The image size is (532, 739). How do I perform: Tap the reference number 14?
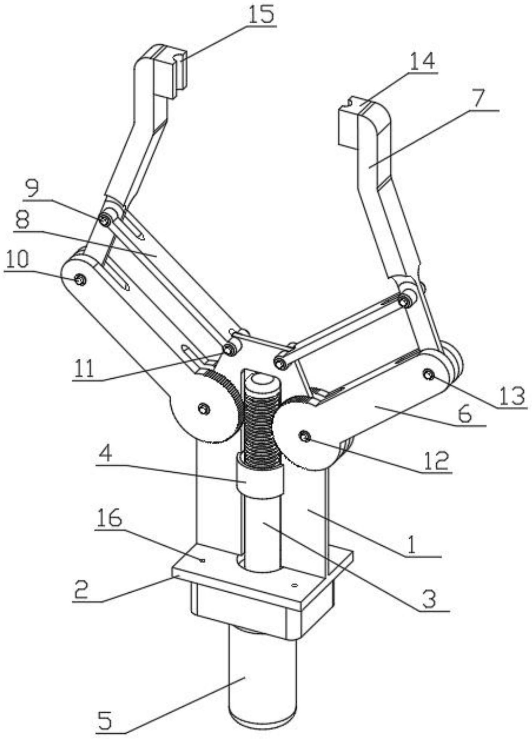pos(422,62)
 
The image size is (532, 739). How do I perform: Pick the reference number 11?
pos(84,369)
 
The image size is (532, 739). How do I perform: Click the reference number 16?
pos(110,519)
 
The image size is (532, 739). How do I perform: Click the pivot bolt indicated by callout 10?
pos(80,279)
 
